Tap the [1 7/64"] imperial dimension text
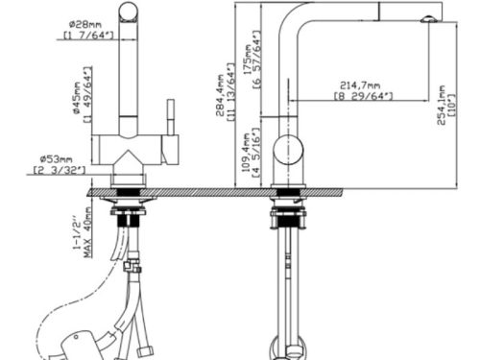pos(87,36)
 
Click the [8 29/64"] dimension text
pos(363,96)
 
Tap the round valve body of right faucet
pos(286,152)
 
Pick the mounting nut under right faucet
pos(286,209)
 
